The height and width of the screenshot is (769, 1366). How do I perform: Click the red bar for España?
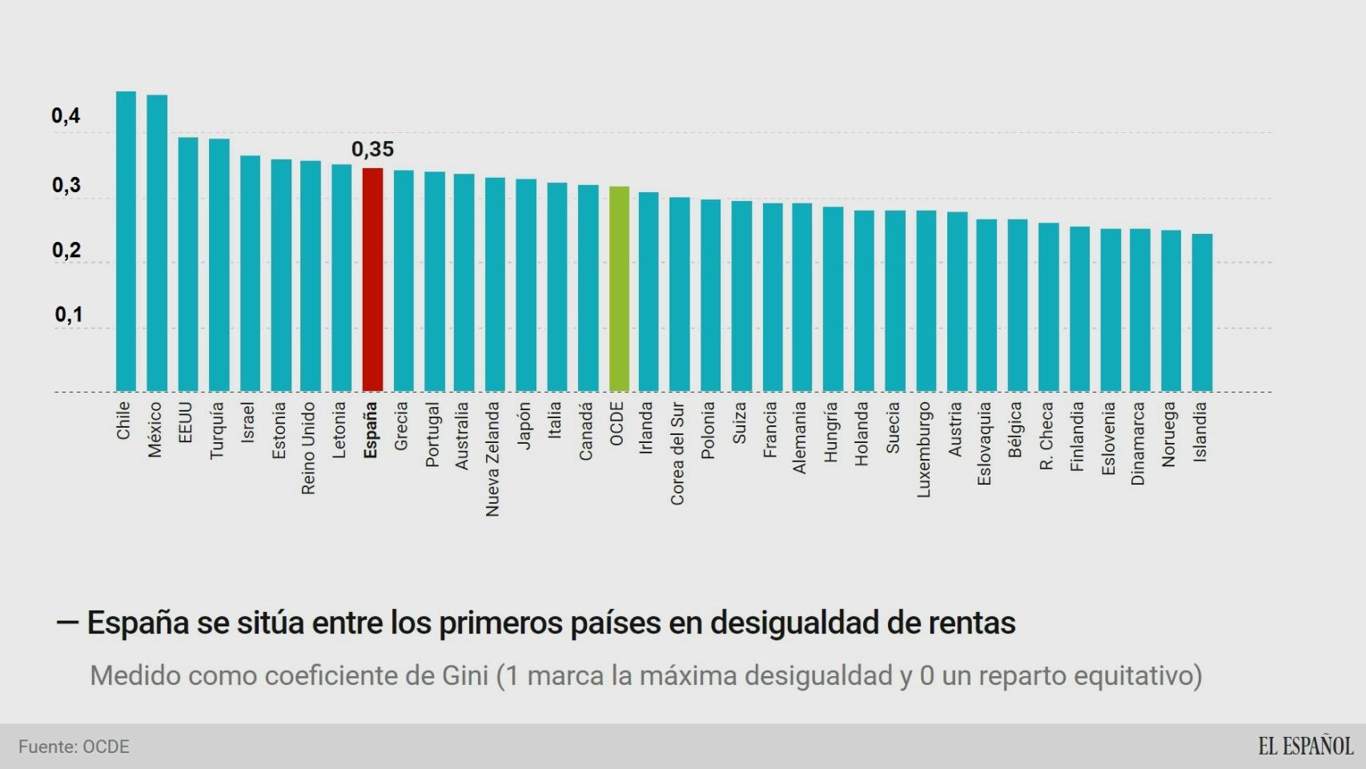coord(372,280)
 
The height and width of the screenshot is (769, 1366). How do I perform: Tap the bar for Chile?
coord(126,241)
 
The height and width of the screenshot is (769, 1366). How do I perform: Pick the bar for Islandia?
coord(1202,312)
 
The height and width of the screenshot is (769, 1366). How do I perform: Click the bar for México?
coord(157,243)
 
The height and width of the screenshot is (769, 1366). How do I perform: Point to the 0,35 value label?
coord(372,149)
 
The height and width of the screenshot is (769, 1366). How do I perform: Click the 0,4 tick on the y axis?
coord(66,116)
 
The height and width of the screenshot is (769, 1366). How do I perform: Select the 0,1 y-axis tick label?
coord(68,315)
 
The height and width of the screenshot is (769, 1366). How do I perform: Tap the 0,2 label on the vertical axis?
coord(66,251)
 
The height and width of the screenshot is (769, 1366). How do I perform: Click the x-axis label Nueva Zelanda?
coord(492,458)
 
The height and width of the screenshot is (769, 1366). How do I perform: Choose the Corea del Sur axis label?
coord(677,453)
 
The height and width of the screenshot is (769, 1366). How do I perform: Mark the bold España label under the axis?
coord(370,430)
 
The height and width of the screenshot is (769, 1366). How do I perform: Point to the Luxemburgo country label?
coord(923,449)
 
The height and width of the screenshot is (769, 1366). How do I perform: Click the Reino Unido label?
coord(308,448)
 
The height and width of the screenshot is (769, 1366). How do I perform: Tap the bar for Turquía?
coord(219,265)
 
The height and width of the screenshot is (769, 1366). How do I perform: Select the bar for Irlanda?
coord(649,292)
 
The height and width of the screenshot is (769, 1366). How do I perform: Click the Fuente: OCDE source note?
coord(74,747)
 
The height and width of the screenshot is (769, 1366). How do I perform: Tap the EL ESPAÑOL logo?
coord(1305,746)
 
